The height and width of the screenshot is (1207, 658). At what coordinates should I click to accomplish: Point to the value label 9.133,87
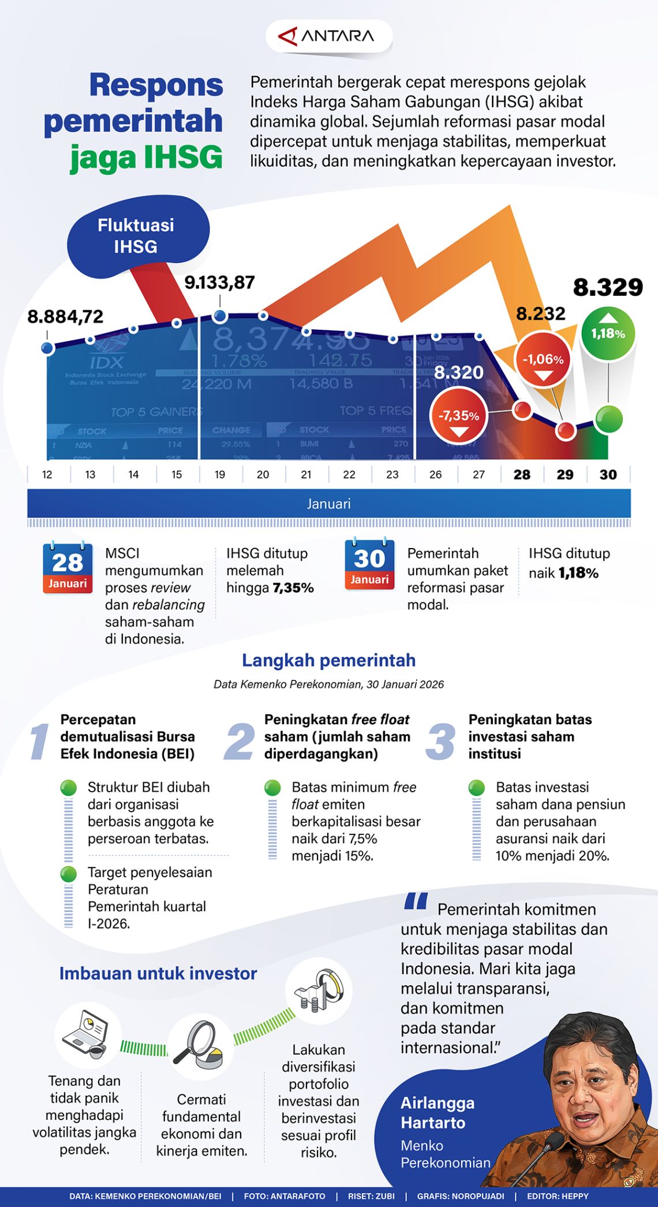(219, 282)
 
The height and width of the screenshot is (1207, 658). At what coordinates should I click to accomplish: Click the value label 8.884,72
(65, 316)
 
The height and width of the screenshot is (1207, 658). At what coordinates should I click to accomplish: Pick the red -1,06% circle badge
(543, 360)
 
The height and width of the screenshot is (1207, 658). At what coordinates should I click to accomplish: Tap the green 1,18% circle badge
(608, 333)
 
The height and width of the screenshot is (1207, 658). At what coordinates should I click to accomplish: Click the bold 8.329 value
(608, 288)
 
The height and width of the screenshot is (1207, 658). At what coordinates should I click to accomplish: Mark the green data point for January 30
(608, 419)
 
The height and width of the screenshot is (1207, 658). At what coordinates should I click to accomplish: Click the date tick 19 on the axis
(220, 475)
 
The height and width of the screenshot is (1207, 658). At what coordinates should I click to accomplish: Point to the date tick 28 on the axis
(522, 475)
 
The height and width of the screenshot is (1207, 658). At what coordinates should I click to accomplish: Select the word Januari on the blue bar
(328, 504)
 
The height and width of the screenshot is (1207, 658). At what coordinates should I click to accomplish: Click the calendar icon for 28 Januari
(68, 567)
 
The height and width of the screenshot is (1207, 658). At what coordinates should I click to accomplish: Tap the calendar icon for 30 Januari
(369, 564)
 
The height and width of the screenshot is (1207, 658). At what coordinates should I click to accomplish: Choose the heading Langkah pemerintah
(328, 660)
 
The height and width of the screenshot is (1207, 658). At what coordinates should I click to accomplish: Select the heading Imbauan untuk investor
(158, 973)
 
